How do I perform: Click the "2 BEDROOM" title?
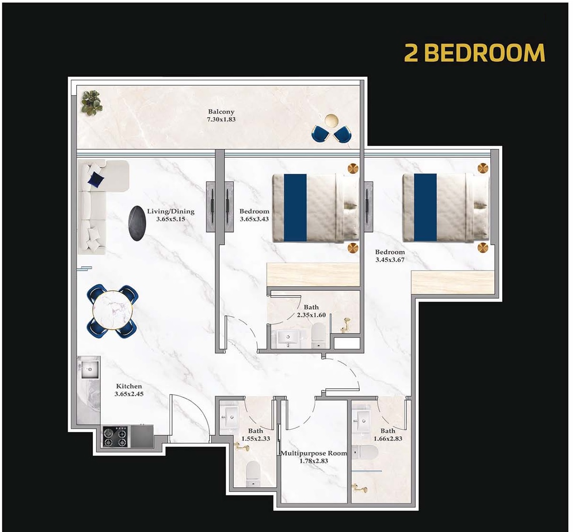click(x=474, y=52)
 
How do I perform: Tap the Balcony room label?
click(x=221, y=112)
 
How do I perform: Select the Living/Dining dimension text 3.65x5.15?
click(x=171, y=219)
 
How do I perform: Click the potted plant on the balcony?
click(x=91, y=102)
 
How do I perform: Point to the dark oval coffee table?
click(x=137, y=223)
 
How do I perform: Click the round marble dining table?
click(x=112, y=311)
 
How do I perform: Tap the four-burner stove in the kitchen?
click(x=116, y=437)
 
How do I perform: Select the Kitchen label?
click(x=129, y=386)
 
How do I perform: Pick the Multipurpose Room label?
click(x=313, y=453)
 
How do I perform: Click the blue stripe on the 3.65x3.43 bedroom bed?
click(x=295, y=207)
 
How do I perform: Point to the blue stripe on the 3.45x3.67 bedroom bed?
click(x=425, y=207)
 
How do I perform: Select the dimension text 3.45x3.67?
click(x=390, y=260)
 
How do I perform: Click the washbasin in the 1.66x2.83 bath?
click(x=364, y=419)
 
